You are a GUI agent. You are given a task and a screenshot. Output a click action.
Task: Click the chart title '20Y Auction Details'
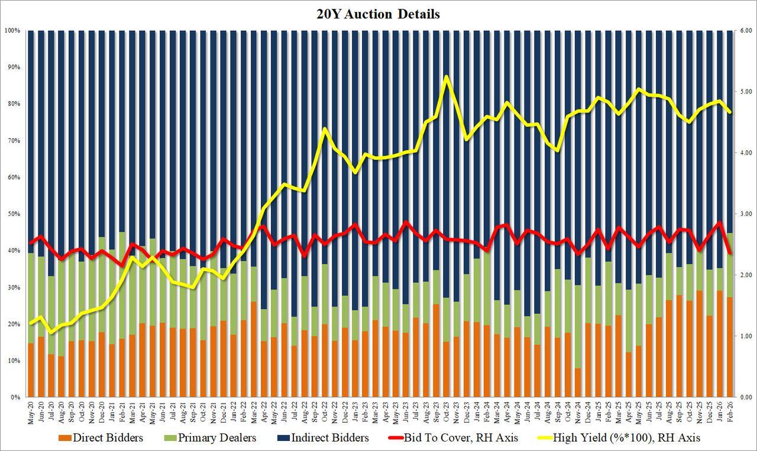click(x=378, y=14)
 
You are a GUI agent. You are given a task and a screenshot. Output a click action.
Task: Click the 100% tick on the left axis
click(x=12, y=30)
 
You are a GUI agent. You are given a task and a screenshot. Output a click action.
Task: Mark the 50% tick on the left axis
click(x=14, y=214)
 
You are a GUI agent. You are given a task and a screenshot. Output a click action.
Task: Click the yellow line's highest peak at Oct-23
click(x=446, y=77)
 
